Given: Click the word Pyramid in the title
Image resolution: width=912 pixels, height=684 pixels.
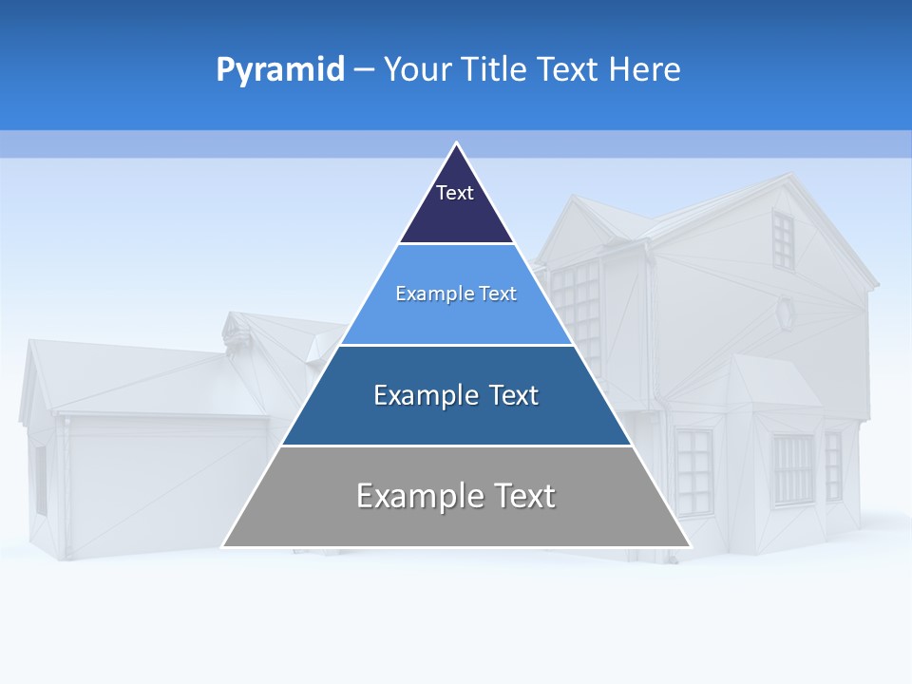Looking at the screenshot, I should pos(280,69).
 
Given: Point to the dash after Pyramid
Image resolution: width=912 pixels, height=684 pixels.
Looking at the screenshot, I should pos(364,70).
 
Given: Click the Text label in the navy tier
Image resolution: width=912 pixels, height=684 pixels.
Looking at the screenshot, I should pos(454,193).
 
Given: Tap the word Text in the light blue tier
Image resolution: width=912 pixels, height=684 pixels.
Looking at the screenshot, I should pos(497,294).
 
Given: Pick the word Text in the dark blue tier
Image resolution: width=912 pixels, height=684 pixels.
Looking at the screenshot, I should pos(514,395).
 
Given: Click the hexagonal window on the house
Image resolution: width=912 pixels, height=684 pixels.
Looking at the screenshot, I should pos(785,313).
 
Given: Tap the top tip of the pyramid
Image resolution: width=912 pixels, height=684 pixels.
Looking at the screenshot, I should pos(457,143).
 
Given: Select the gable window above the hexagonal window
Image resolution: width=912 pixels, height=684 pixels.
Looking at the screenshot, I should pos(782,239).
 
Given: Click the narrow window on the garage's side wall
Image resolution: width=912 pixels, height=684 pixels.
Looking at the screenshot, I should pos(41,480).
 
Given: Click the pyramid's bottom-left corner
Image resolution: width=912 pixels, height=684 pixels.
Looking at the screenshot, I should pos(223,546).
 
